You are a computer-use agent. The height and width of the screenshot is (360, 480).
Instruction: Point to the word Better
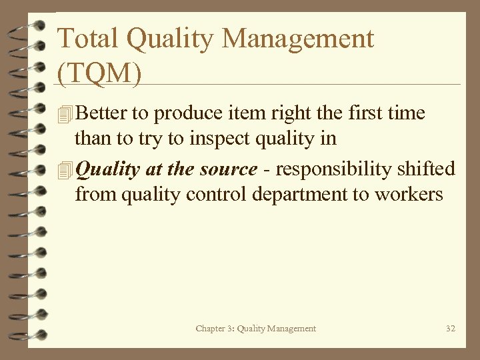tap(101, 113)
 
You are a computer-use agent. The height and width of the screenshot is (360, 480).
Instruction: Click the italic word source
tap(228, 169)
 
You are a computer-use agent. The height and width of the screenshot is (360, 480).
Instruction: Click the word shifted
tap(423, 169)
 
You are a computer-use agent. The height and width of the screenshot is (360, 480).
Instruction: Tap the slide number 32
tap(450, 328)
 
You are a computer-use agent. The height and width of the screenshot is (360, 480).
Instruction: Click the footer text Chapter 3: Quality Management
tap(256, 328)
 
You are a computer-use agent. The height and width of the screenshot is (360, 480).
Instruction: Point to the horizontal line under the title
tap(267, 85)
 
